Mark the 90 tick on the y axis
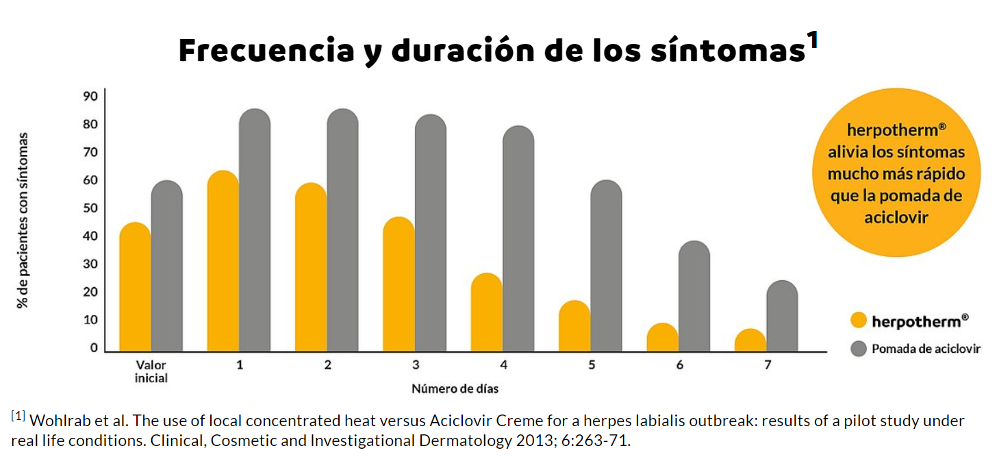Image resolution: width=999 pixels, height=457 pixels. pyautogui.click(x=91, y=96)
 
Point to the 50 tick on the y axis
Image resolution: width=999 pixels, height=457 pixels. pyautogui.click(x=91, y=208)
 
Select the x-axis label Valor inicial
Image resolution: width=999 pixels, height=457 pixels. pyautogui.click(x=151, y=371)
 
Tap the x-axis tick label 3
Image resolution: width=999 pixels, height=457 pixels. pyautogui.click(x=416, y=365)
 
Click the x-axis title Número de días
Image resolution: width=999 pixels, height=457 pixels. pyautogui.click(x=455, y=389)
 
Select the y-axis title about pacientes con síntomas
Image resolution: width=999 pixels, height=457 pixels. pyautogui.click(x=23, y=219)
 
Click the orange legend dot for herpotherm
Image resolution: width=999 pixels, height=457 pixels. pyautogui.click(x=858, y=320)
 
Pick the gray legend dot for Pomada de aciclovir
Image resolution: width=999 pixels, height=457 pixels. pyautogui.click(x=858, y=349)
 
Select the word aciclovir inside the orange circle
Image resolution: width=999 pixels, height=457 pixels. pyautogui.click(x=897, y=217)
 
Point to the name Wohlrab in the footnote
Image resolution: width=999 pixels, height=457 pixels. pyautogui.click(x=57, y=420)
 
